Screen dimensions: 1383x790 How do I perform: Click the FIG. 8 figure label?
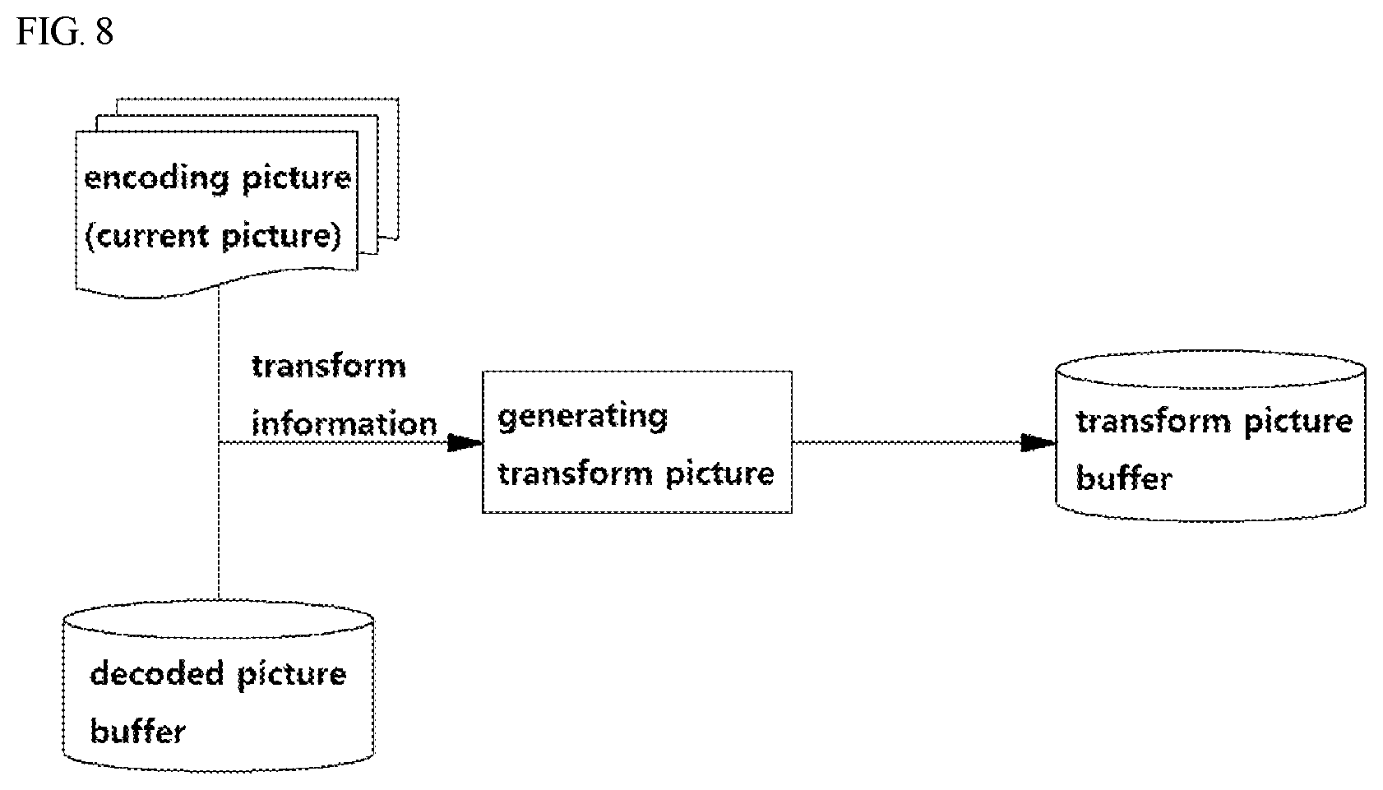pos(65,31)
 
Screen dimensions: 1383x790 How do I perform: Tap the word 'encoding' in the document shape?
pos(156,180)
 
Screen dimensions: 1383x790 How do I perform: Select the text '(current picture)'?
pos(213,237)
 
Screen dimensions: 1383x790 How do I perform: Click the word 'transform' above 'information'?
pos(329,367)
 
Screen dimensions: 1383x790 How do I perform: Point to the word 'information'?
pos(345,424)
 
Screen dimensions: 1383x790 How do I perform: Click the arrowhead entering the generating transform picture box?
pos(465,442)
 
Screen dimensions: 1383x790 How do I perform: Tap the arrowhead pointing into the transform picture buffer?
pos(1038,442)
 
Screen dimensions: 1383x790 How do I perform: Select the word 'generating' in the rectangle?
pos(583,418)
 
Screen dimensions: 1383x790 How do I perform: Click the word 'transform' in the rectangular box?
pos(576,474)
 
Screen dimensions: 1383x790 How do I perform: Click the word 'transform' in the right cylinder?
pos(1154,423)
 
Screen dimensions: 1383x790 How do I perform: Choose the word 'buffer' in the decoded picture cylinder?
pos(138,731)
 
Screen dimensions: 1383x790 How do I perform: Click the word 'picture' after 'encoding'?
pos(296,180)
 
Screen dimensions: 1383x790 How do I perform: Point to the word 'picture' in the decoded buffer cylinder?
pos(291,675)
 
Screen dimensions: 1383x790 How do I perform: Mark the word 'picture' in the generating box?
pos(720,475)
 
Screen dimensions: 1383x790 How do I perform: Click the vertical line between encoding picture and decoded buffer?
pos(219,444)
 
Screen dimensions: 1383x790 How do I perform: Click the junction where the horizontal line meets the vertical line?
pos(219,442)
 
